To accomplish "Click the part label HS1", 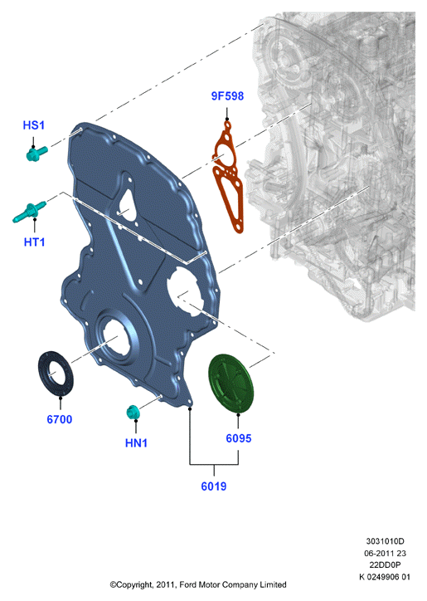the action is click(x=34, y=125).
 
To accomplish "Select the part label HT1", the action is click(x=35, y=242).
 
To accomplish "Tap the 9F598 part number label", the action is click(x=227, y=95).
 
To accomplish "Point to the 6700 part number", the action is click(x=60, y=419).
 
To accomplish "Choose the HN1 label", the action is click(x=136, y=443).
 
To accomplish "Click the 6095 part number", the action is click(x=239, y=438).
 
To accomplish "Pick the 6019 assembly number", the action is click(x=214, y=486).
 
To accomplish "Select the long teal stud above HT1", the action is click(x=29, y=212).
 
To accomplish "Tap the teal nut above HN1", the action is click(x=133, y=412).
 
